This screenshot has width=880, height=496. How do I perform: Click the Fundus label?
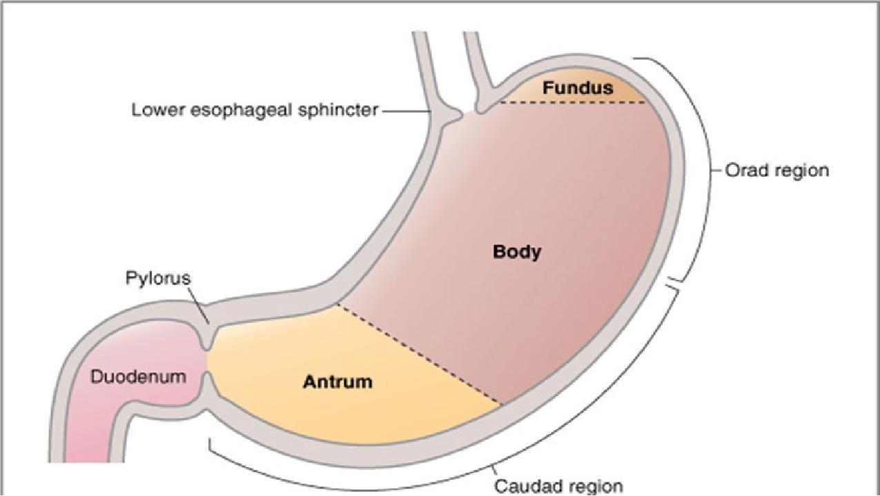[577, 88]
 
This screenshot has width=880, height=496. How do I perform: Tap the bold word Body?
[517, 252]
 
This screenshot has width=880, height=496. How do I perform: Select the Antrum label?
[338, 381]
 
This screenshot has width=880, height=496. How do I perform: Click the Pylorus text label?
[158, 278]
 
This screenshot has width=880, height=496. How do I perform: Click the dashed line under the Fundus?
[573, 102]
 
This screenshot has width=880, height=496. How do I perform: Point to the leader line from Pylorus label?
[199, 307]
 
